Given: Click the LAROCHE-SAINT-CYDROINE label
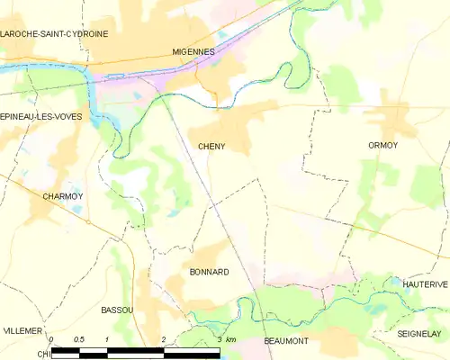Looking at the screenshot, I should (54, 33).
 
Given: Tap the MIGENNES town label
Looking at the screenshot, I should (193, 52).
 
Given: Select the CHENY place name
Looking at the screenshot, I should (212, 145).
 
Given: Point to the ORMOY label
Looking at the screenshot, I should (382, 145).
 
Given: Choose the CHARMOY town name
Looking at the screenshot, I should (63, 195).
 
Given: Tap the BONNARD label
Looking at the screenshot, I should (209, 271).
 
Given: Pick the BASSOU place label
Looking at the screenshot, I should (117, 310).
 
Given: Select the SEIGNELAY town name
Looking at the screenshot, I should (418, 333).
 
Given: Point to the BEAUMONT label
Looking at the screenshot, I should (286, 341).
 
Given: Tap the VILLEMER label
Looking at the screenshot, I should (22, 331).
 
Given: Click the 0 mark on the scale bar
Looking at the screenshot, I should (51, 339).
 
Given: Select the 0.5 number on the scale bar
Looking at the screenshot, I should (78, 339).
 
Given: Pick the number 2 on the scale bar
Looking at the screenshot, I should (163, 339).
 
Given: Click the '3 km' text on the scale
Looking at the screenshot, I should (226, 339).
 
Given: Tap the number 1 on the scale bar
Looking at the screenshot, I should (107, 339).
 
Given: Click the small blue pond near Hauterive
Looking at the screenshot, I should (395, 281).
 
